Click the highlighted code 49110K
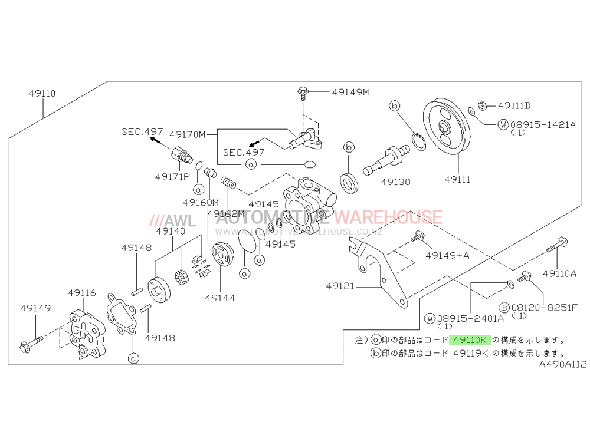[x=470, y=340]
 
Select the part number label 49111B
[x=514, y=105]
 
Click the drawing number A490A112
[x=562, y=365]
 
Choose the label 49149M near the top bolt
[x=350, y=92]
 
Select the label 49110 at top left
[x=41, y=94]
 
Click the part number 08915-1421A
[x=543, y=124]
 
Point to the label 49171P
[x=172, y=176]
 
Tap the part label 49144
[x=220, y=298]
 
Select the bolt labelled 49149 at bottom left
[x=31, y=342]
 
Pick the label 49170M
[x=187, y=134]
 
